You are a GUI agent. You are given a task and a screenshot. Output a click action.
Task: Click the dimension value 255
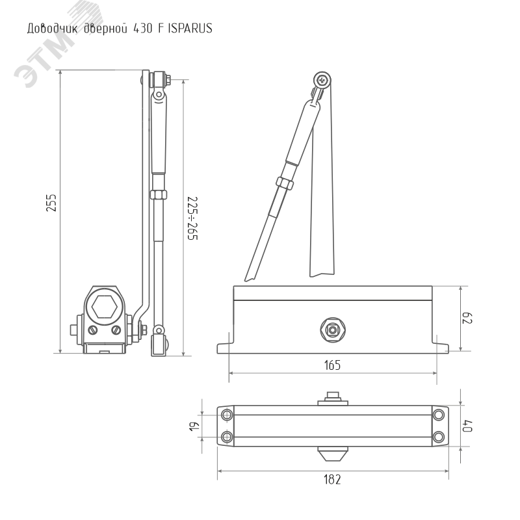tap(51, 203)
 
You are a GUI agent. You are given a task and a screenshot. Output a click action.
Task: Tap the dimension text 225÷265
tap(192, 218)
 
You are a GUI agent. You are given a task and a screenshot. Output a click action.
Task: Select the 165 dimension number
tap(332, 365)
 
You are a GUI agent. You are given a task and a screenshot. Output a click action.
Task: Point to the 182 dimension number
tap(332, 480)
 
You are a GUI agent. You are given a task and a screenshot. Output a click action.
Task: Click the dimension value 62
tap(467, 318)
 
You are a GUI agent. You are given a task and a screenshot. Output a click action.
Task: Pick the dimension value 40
tap(467, 426)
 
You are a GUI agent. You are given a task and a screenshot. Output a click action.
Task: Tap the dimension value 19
tap(194, 426)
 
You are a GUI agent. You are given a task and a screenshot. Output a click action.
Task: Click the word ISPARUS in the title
tap(190, 28)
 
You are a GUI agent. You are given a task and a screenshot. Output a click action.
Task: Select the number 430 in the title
tap(143, 29)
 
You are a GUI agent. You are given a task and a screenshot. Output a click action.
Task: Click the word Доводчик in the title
tap(53, 29)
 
